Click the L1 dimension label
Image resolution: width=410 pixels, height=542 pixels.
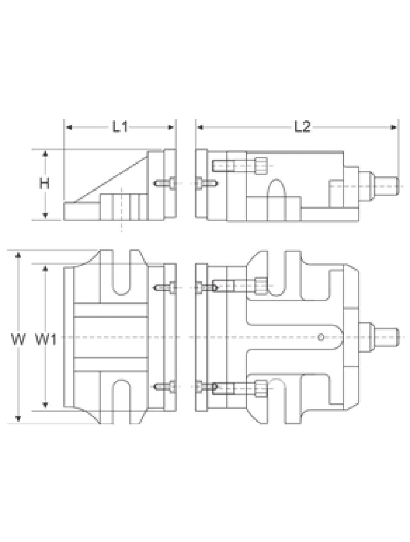(x=120, y=128)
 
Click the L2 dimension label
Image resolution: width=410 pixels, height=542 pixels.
(x=302, y=127)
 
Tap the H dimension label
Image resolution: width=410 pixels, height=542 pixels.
(x=44, y=184)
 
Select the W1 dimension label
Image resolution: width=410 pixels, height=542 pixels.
(x=46, y=340)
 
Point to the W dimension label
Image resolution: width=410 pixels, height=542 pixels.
(x=18, y=340)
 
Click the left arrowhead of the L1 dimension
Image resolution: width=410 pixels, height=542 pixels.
(x=69, y=128)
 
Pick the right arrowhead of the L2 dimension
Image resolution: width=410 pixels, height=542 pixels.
(x=394, y=128)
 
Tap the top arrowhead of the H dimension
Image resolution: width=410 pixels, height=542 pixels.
(x=45, y=154)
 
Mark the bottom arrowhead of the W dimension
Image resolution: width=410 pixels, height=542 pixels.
(x=19, y=419)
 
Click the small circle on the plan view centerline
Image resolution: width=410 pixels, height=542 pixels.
(x=321, y=336)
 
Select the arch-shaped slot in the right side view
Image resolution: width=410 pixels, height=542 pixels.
(x=277, y=200)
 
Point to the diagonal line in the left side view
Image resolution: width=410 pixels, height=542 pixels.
(x=111, y=179)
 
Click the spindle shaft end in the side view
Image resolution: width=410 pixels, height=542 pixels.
(x=388, y=186)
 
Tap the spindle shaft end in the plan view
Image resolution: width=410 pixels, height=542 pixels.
(x=388, y=337)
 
